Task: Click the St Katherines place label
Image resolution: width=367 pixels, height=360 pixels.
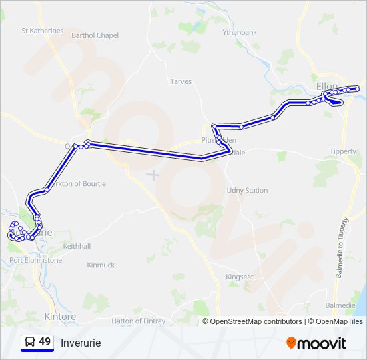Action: point(43,31)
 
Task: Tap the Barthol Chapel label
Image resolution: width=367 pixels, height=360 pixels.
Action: point(95,35)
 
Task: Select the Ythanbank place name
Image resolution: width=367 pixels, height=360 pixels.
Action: point(240,31)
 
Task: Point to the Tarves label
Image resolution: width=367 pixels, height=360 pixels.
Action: point(181,81)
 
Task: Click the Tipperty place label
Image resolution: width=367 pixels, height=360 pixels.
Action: point(343,151)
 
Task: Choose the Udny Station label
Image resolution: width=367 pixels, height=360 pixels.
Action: point(247,191)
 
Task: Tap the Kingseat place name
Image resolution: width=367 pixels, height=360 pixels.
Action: point(240,277)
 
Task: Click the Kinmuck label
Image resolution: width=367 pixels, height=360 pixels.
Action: point(101,265)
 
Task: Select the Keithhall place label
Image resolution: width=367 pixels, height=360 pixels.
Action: point(77,246)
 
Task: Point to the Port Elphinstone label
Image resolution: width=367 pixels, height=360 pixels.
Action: point(36,260)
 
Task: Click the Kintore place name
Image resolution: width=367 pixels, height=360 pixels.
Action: point(60,316)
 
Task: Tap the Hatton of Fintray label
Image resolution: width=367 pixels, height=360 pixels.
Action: point(138,321)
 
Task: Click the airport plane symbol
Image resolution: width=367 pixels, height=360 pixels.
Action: point(153,175)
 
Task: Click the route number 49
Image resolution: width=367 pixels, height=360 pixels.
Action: point(45,342)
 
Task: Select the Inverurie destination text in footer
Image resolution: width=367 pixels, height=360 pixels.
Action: point(81,343)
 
